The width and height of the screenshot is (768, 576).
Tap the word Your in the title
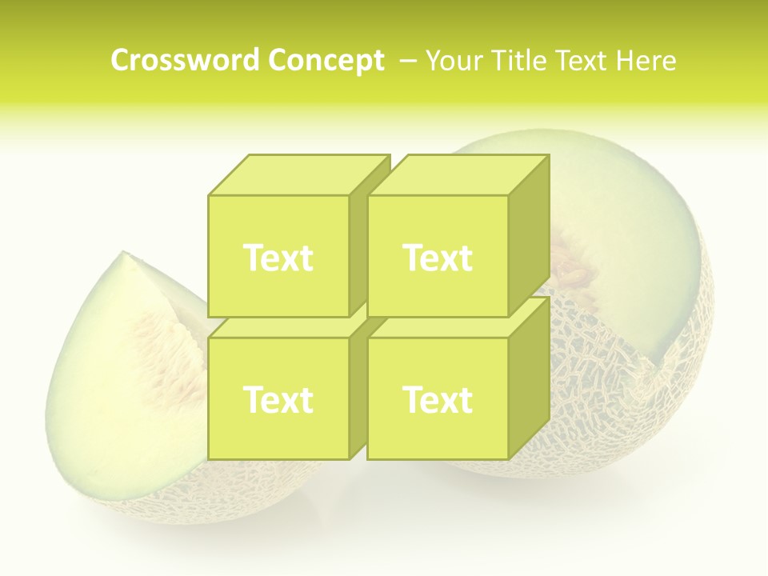click(454, 61)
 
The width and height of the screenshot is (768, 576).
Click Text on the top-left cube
click(278, 258)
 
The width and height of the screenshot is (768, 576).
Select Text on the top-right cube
click(438, 258)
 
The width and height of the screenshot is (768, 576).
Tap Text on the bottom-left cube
click(278, 399)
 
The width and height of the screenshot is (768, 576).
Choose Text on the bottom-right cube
click(438, 399)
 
